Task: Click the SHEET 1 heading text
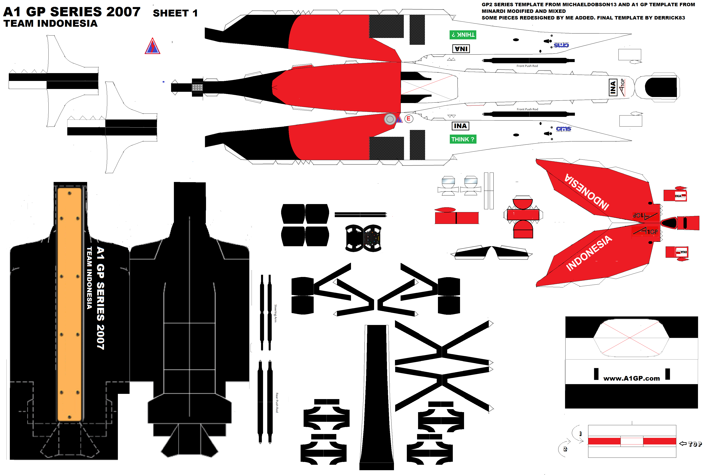(175, 13)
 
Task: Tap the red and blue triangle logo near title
(152, 46)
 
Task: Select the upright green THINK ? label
(462, 139)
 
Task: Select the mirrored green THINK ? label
(462, 35)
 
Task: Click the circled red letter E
(408, 119)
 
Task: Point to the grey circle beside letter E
(390, 119)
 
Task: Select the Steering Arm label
(275, 313)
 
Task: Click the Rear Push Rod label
(277, 403)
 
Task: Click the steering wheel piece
(363, 238)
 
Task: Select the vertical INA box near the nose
(613, 88)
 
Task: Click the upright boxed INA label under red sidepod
(460, 126)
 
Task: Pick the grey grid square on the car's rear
(197, 88)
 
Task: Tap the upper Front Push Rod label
(527, 66)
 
